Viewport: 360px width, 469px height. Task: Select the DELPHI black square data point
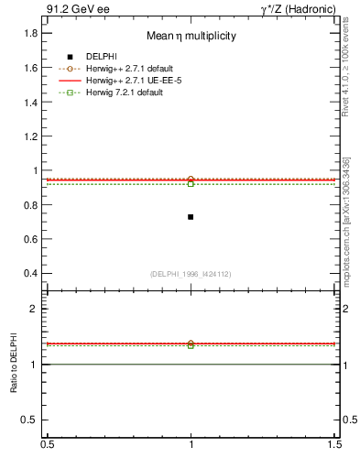[191, 217]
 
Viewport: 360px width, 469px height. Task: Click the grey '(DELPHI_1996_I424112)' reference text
[191, 274]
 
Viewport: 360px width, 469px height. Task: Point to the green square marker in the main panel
[191, 184]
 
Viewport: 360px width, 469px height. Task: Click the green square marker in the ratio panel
[191, 345]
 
